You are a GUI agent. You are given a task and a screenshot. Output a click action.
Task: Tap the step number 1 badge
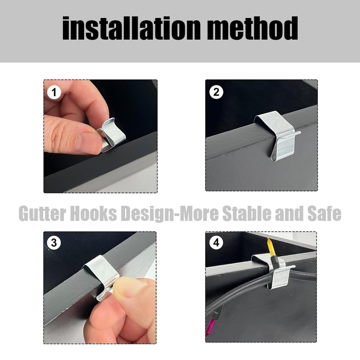[54, 93]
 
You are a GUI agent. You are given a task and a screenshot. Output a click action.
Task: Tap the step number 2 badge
[216, 93]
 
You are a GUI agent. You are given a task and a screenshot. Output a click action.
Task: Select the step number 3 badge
[54, 243]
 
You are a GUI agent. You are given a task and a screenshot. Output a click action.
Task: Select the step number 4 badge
[216, 243]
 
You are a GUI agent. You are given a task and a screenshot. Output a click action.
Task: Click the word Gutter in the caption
[43, 213]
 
